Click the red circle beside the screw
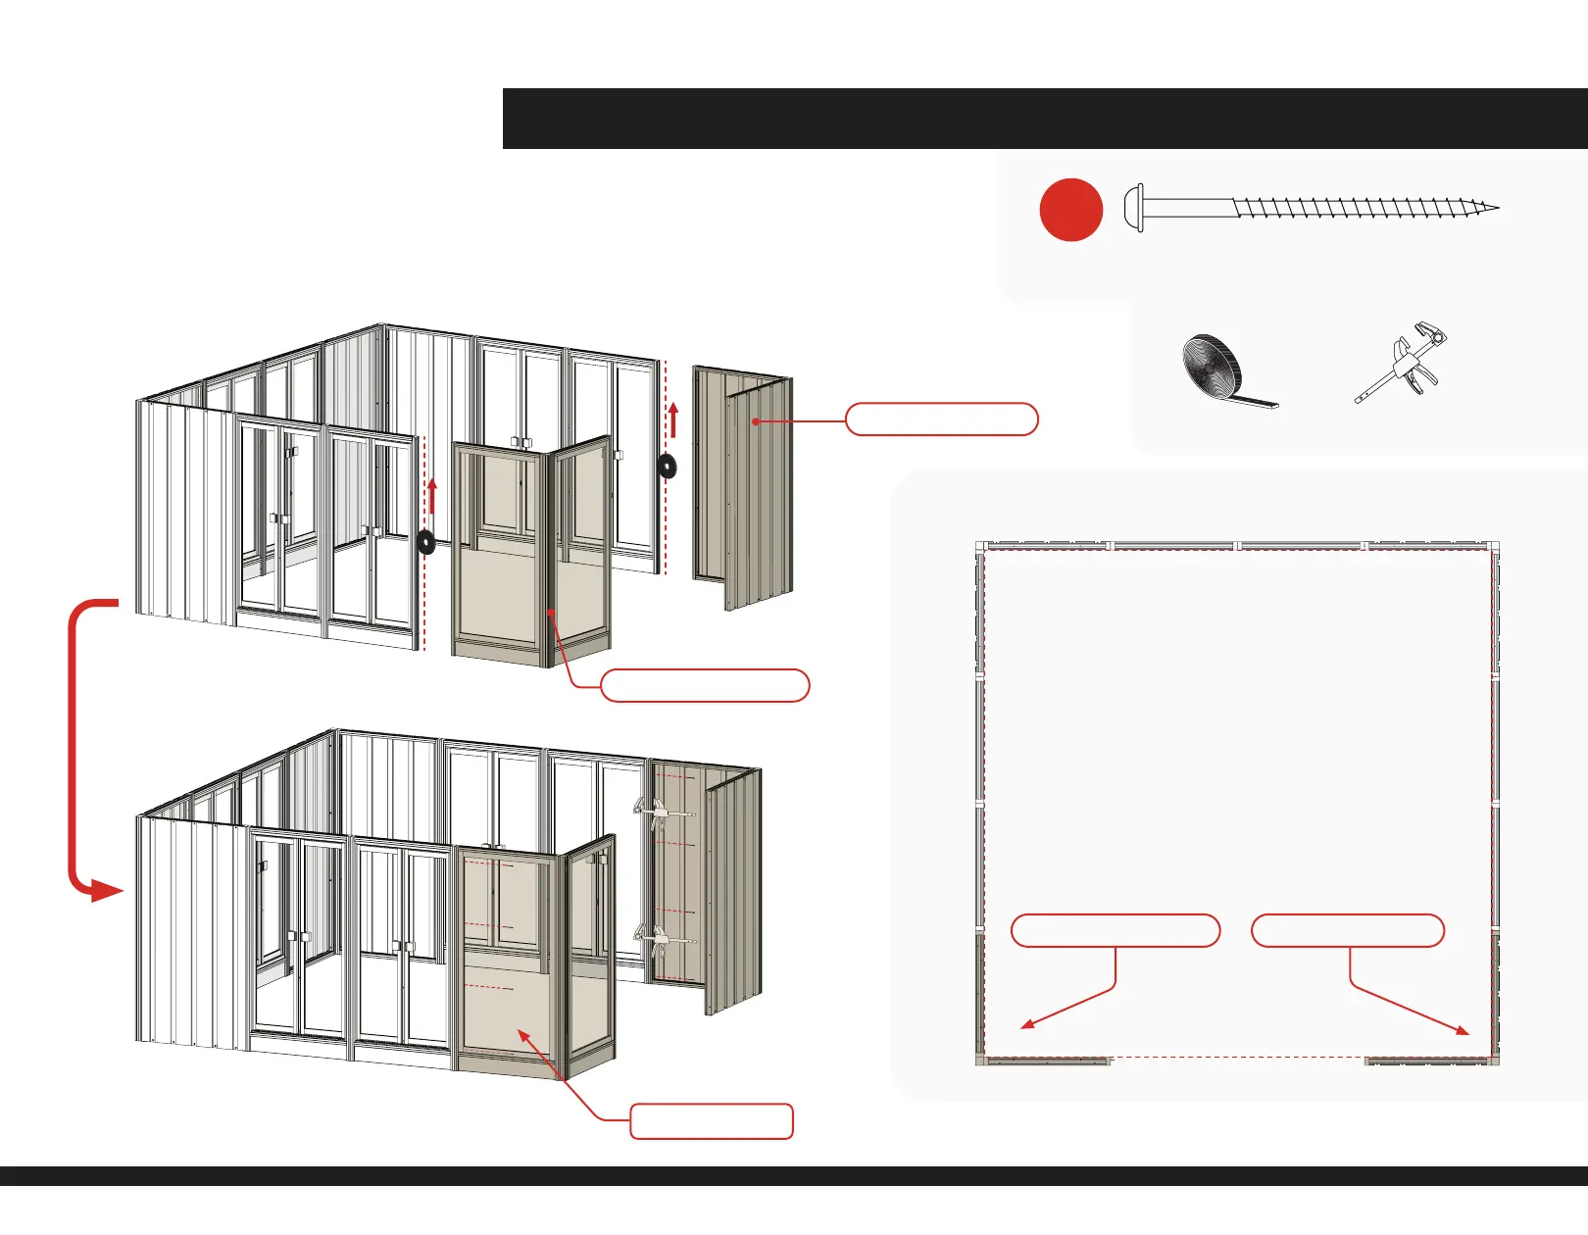pyautogui.click(x=1071, y=210)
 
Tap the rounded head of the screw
pyautogui.click(x=1134, y=208)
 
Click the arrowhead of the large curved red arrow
pyautogui.click(x=104, y=891)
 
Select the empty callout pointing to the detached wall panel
pyautogui.click(x=941, y=419)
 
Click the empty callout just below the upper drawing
pyautogui.click(x=704, y=686)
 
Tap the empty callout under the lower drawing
pyautogui.click(x=711, y=1121)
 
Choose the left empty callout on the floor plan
pyautogui.click(x=1115, y=930)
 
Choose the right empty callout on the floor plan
pyautogui.click(x=1348, y=930)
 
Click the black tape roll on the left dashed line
pyautogui.click(x=426, y=542)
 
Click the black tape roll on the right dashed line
pyautogui.click(x=668, y=466)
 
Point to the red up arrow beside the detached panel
pyautogui.click(x=673, y=419)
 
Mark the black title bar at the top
pyautogui.click(x=1045, y=119)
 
